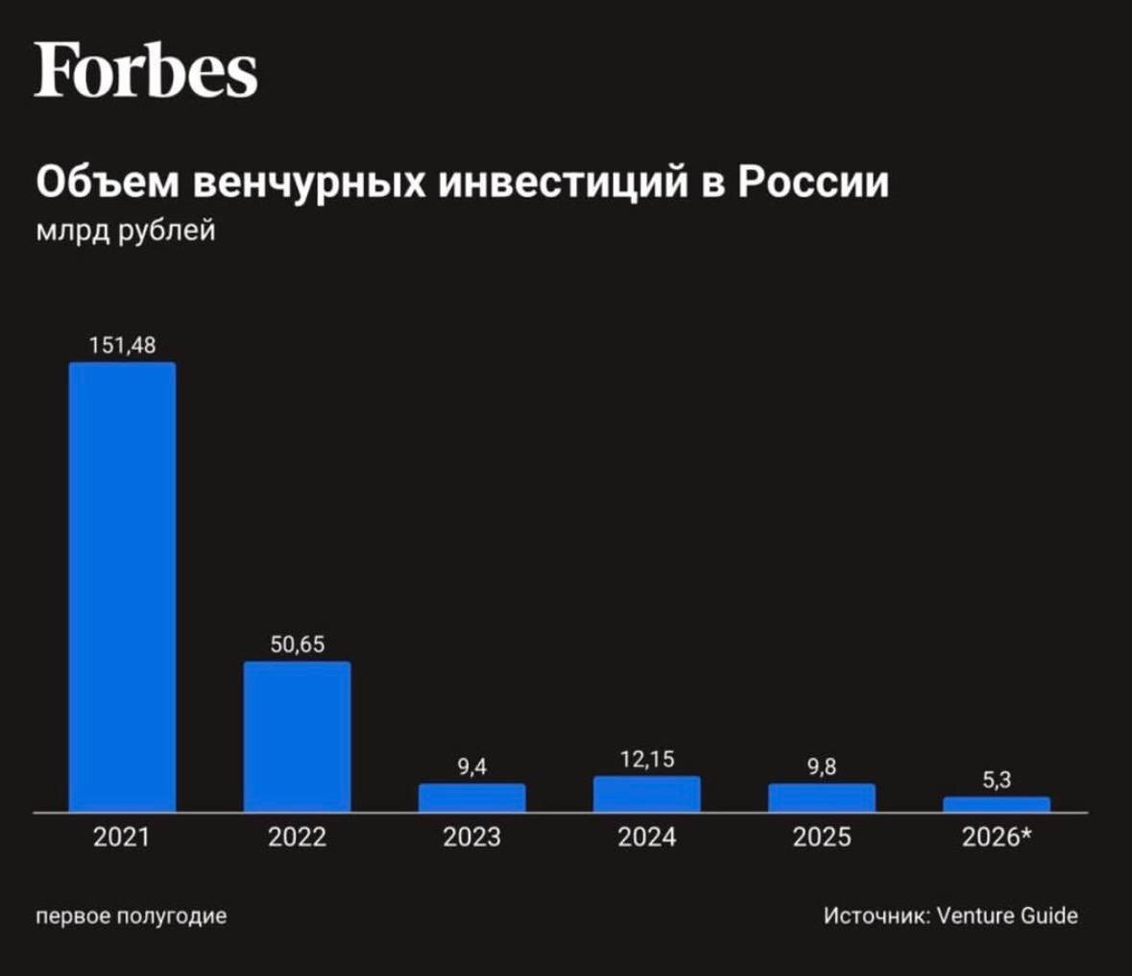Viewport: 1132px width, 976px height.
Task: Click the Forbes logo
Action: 146,69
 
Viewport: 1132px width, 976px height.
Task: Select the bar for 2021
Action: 122,587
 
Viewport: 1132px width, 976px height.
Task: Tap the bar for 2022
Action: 298,737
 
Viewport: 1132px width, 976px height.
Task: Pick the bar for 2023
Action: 472,797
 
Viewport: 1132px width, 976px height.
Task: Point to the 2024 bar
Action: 647,793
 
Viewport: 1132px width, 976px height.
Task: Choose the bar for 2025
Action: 822,797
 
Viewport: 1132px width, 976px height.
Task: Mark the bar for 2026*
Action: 997,805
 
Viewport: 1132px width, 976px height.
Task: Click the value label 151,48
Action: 123,345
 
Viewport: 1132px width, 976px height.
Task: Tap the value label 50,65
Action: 298,645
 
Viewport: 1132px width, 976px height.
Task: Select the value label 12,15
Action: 647,759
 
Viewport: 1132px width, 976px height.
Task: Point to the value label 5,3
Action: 997,780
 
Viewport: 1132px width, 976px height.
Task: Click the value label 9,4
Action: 472,767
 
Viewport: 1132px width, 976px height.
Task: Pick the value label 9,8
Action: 822,767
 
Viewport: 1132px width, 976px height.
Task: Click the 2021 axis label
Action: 121,838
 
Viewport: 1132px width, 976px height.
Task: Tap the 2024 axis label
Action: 647,838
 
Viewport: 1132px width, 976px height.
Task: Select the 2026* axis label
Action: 997,837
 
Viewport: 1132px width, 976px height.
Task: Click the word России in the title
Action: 813,183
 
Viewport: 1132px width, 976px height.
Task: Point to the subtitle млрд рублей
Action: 126,232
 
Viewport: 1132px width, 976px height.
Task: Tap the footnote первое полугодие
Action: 132,916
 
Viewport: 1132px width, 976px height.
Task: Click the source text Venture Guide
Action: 1007,915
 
